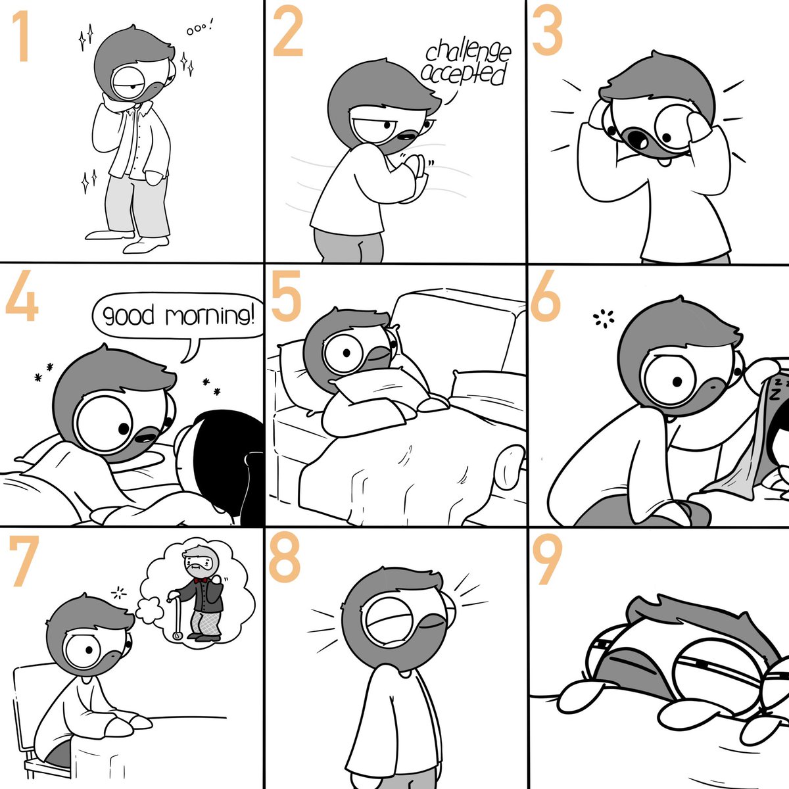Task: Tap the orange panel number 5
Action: click(x=286, y=296)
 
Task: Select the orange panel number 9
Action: click(x=548, y=560)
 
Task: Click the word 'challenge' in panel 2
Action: click(x=468, y=53)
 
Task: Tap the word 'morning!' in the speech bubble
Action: click(x=210, y=316)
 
